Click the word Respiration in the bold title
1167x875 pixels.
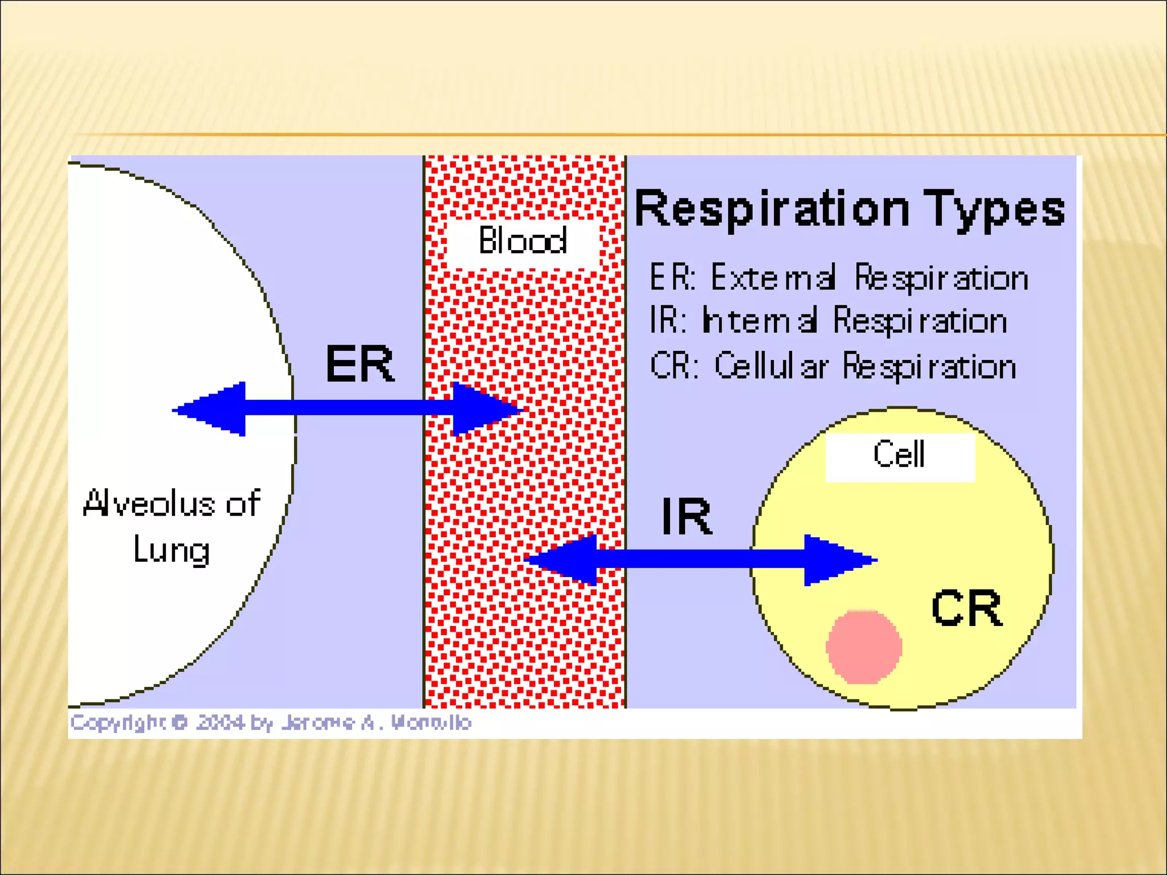pyautogui.click(x=772, y=209)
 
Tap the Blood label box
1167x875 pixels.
pyautogui.click(x=523, y=240)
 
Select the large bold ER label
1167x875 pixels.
pyautogui.click(x=359, y=364)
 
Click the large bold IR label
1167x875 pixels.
pyautogui.click(x=687, y=517)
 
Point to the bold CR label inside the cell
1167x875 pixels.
pyautogui.click(x=966, y=608)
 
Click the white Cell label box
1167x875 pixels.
pyautogui.click(x=900, y=456)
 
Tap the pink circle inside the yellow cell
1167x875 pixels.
pyautogui.click(x=864, y=647)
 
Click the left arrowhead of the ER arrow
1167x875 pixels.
pyautogui.click(x=214, y=409)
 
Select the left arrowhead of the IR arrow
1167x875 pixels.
pyautogui.click(x=564, y=559)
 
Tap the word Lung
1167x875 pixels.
pyautogui.click(x=171, y=550)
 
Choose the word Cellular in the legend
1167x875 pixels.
pyautogui.click(x=771, y=366)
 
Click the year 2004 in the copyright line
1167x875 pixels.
pyautogui.click(x=220, y=722)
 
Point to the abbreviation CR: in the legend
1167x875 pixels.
pyautogui.click(x=674, y=366)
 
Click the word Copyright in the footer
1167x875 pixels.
pyautogui.click(x=117, y=722)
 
